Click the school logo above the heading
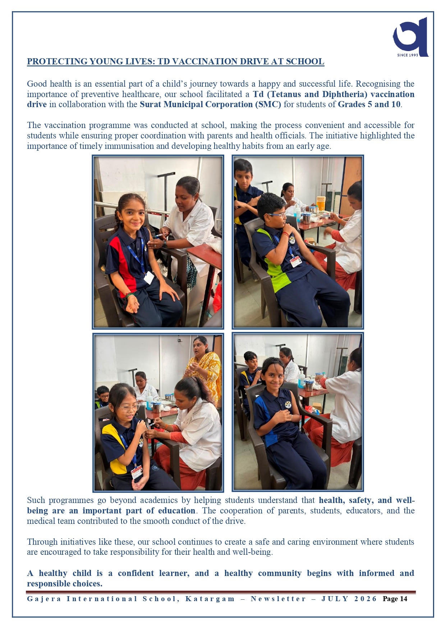pos(410,37)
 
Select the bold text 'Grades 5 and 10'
pos(369,104)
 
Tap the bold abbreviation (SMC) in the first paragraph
pos(268,104)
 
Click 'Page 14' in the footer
pos(395,599)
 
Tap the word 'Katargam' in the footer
pos(210,599)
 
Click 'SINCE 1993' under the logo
pos(408,55)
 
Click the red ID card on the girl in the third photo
pos(137,472)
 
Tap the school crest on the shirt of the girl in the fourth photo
pos(288,405)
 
